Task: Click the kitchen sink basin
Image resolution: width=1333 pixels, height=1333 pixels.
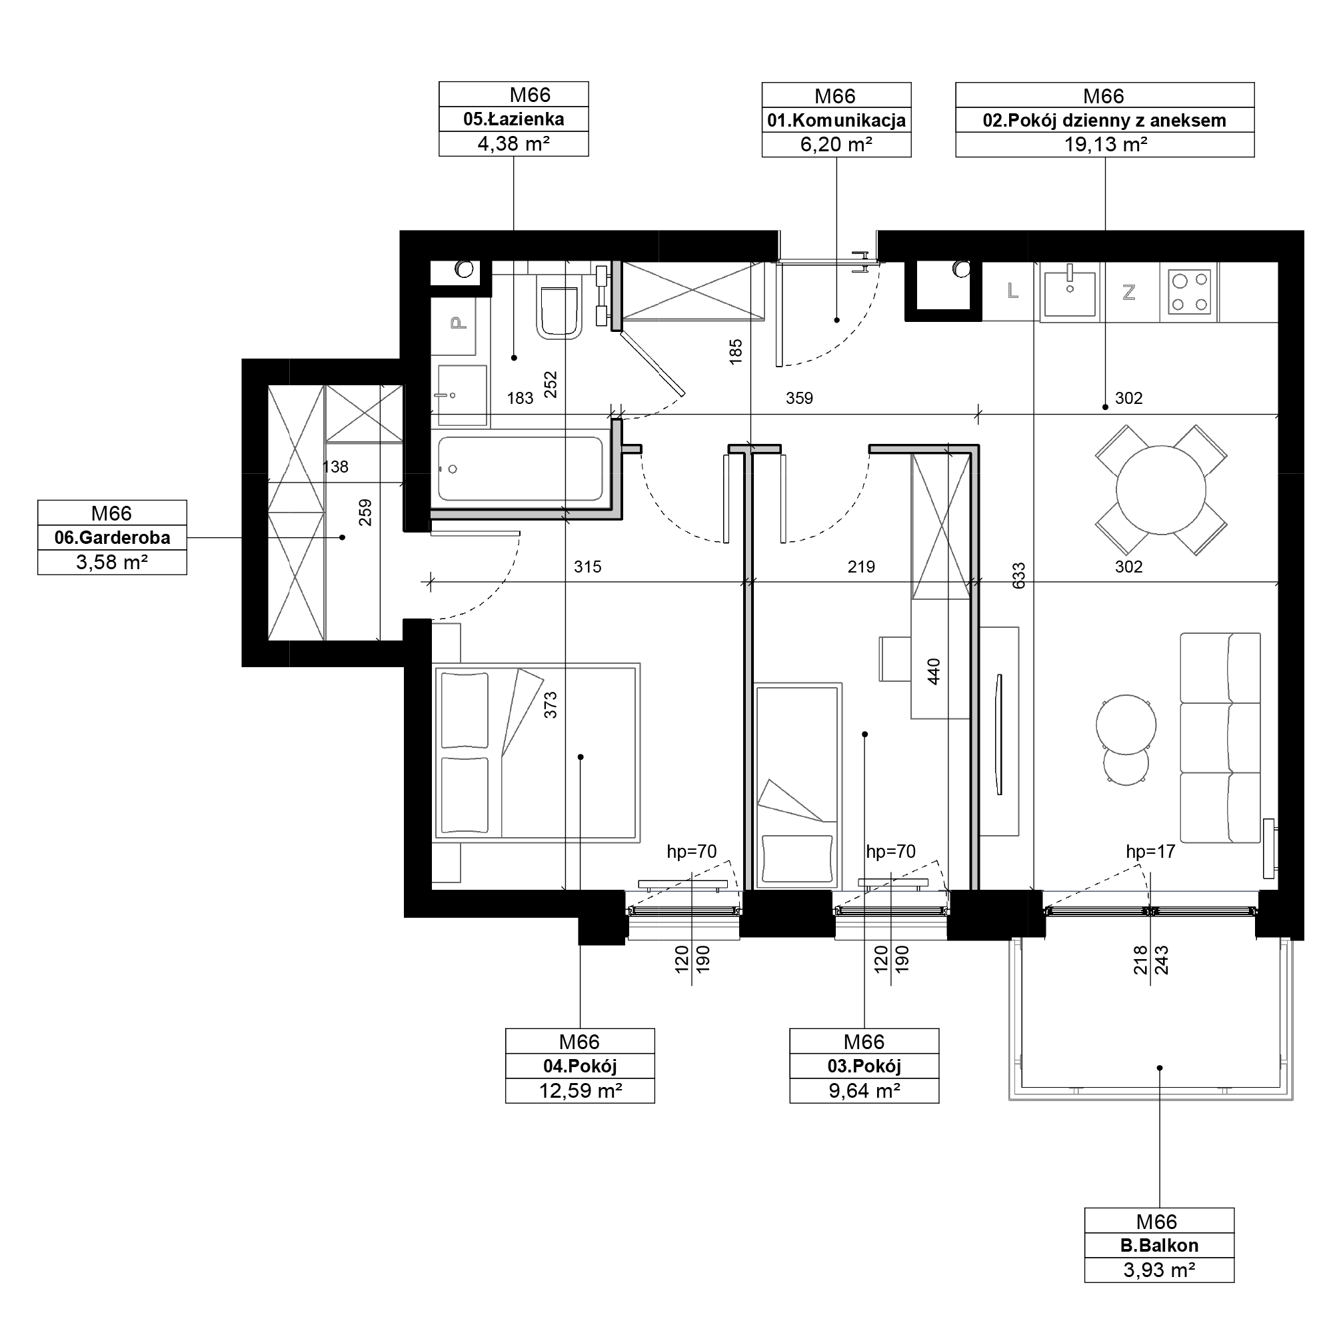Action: point(1070,293)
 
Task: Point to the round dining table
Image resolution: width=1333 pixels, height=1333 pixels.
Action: point(1161,490)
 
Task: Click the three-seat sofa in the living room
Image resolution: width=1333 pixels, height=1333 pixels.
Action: point(1220,738)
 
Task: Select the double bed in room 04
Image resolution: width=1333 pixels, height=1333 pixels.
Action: point(535,752)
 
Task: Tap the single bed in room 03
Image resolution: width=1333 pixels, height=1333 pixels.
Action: point(798,786)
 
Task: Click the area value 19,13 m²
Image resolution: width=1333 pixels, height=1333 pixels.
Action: point(1105,145)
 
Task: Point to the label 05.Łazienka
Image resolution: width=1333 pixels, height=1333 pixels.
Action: point(513,119)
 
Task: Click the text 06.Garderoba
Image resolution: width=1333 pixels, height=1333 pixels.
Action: point(113,537)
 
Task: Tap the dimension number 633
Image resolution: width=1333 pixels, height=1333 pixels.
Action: point(1019,576)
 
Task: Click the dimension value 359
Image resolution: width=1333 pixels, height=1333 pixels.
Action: point(799,398)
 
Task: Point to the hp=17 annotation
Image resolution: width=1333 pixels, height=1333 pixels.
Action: point(1150,852)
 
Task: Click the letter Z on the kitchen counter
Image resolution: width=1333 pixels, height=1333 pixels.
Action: point(1130,293)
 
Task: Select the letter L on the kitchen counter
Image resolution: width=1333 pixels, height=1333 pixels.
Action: point(1013,291)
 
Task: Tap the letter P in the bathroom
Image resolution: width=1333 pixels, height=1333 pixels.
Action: point(457,322)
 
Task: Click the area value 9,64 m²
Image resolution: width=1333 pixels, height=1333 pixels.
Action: point(864,1091)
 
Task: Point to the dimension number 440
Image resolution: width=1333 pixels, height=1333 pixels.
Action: point(934,671)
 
